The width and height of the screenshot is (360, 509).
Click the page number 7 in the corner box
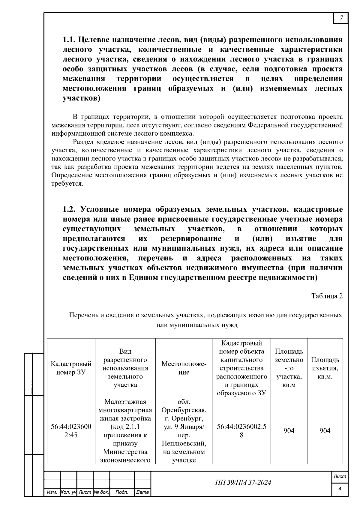pos(341,18)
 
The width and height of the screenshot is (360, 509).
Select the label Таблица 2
pos(327,296)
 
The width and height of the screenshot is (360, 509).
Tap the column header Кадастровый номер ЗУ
pos(71,368)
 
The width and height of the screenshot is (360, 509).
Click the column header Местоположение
pos(184,368)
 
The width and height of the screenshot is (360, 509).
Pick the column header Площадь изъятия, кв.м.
pos(325,368)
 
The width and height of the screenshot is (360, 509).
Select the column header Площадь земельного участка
pos(289,368)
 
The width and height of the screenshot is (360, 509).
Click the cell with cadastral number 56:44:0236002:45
pos(71,431)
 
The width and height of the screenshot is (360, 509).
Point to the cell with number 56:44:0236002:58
pos(241,431)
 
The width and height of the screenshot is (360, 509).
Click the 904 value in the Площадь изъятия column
pos(325,431)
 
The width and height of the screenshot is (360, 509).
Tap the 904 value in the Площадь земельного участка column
pos(289,431)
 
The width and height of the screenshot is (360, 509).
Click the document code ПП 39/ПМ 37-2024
pos(243,482)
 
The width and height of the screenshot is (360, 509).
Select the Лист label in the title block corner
pos(340,476)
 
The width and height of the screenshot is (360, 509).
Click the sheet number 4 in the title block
pos(340,489)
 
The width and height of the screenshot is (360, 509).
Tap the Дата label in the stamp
pos(142,492)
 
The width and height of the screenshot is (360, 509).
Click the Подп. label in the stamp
pos(122,492)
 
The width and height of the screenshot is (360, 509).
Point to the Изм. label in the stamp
pos(52,492)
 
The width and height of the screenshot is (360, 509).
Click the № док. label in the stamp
pos(101,492)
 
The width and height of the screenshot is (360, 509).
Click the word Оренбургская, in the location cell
pos(184,410)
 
